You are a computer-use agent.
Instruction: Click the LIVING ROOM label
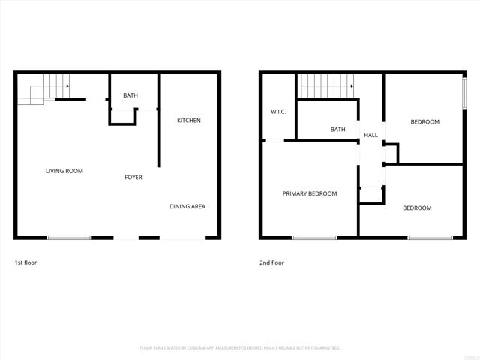pos(64,171)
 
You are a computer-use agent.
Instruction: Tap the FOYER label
pos(133,178)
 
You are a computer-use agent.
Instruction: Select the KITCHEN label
pos(189,121)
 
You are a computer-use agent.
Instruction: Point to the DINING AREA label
pos(187,207)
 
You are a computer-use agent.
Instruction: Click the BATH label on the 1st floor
pos(130,95)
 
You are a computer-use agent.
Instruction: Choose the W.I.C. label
pos(278,112)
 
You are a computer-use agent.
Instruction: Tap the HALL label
pos(370,136)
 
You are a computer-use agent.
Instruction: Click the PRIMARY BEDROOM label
pos(310,193)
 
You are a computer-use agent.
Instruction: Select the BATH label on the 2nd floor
pos(338,130)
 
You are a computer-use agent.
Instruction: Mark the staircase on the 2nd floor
pos(327,85)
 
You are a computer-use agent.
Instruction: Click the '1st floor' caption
pos(25,262)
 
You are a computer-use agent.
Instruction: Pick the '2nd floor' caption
pos(272,262)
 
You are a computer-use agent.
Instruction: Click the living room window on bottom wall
pos(69,238)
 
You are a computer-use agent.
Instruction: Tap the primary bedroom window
pos(314,238)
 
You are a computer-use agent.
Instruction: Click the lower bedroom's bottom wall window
pos(430,238)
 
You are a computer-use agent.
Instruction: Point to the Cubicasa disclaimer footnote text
pos(240,348)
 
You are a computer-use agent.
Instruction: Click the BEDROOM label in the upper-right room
pos(424,121)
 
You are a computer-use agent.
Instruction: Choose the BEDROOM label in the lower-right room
pos(417,208)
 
